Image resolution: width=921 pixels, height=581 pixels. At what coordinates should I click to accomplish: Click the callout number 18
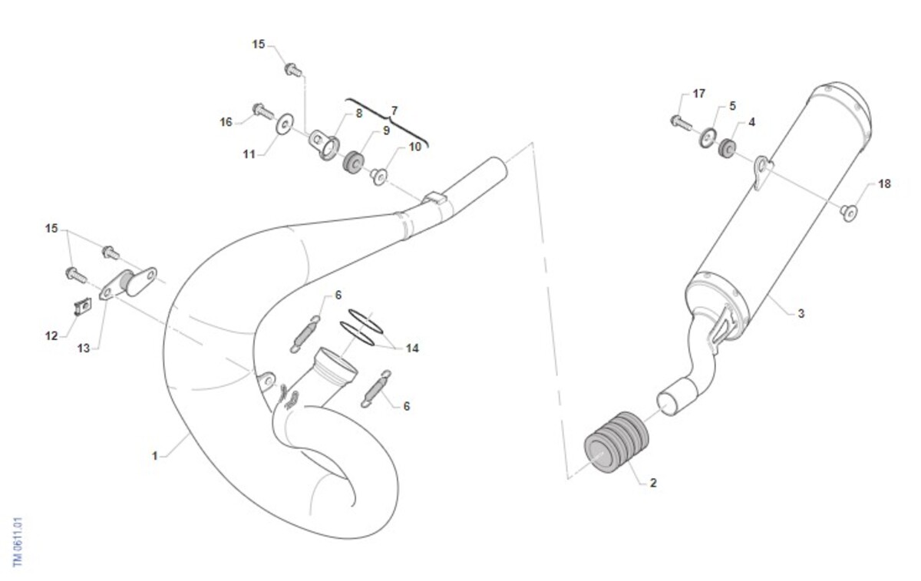click(x=884, y=183)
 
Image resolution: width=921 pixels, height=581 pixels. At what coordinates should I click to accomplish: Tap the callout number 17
click(x=699, y=94)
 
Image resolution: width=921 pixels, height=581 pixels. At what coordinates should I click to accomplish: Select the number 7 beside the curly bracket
click(x=394, y=111)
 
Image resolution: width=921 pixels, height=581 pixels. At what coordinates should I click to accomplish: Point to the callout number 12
click(x=51, y=336)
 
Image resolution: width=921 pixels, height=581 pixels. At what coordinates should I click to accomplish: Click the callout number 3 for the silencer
click(x=801, y=314)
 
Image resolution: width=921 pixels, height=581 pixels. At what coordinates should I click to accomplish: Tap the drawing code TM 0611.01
click(x=17, y=542)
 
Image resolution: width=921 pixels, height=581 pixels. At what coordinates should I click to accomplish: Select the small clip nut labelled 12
click(x=83, y=306)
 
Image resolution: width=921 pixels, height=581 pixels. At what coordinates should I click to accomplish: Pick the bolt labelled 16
click(x=263, y=111)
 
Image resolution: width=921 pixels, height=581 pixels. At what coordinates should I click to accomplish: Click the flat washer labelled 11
click(x=284, y=124)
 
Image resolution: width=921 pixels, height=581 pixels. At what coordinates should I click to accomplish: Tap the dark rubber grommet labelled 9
click(x=353, y=162)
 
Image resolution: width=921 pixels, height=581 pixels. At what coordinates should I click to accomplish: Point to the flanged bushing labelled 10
click(x=378, y=177)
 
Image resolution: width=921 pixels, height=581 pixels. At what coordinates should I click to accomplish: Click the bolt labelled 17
click(x=681, y=123)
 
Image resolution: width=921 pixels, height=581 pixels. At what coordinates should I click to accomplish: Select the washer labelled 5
click(x=707, y=138)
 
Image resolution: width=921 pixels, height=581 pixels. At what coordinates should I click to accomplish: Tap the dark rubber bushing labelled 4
click(x=727, y=148)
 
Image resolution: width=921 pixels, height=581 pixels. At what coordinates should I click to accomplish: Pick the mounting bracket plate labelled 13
click(x=128, y=284)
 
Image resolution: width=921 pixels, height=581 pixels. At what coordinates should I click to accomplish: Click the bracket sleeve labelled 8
click(x=324, y=144)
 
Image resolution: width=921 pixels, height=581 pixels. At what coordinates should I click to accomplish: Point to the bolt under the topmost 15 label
click(x=293, y=70)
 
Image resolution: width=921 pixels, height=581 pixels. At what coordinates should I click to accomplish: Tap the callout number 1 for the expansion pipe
click(x=155, y=456)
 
